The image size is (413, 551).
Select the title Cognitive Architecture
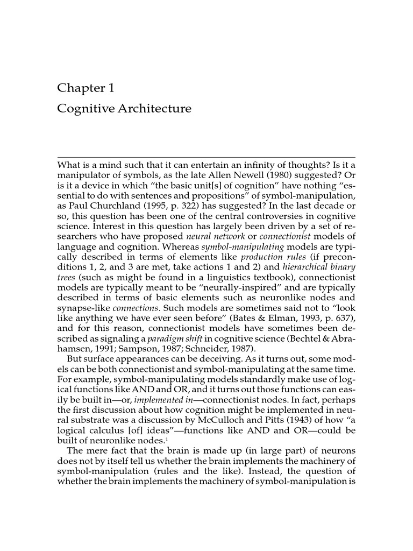point(124,109)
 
